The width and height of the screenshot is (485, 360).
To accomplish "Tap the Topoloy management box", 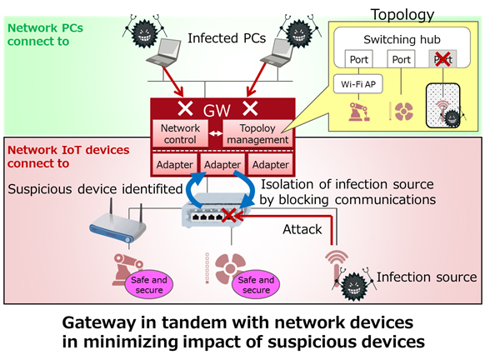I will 258,133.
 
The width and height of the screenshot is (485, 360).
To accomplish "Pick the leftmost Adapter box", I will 174,164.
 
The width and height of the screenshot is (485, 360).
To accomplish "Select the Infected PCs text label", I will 220,38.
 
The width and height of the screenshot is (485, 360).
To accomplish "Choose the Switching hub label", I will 401,38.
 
